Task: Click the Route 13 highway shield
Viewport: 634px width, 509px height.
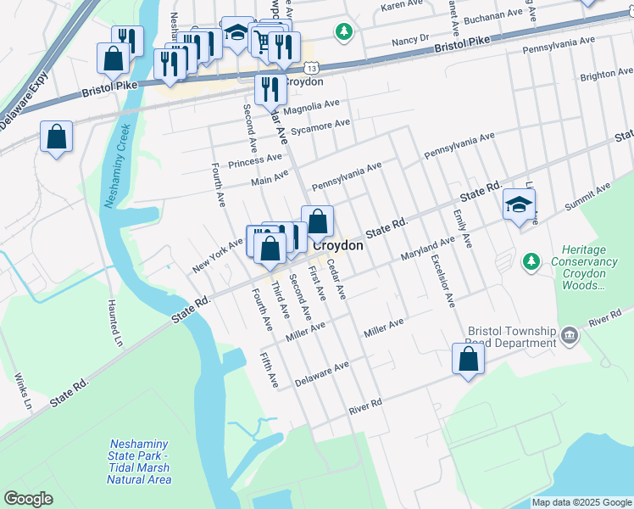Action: pos(313,68)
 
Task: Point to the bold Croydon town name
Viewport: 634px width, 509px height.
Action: pos(338,245)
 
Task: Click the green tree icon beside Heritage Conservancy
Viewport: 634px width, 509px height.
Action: pos(531,262)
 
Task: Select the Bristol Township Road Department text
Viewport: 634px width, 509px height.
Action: pos(510,337)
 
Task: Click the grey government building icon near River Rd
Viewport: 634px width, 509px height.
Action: pos(570,337)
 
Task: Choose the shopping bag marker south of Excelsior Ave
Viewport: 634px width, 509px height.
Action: pos(468,360)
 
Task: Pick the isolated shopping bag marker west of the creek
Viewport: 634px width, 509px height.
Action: pos(56,137)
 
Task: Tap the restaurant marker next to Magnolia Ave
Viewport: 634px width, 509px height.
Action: pos(270,90)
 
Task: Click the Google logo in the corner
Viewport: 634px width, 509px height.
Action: pos(29,499)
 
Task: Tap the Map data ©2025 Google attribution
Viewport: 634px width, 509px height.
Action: pos(581,502)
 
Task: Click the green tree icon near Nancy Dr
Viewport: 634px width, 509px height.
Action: pos(344,32)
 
